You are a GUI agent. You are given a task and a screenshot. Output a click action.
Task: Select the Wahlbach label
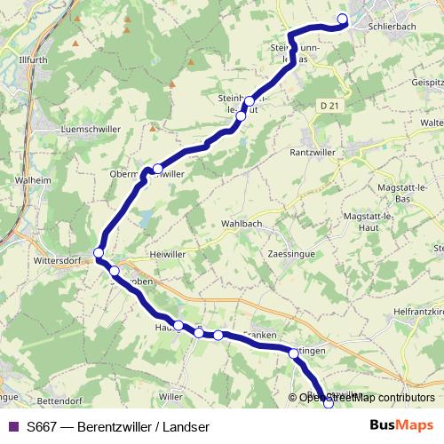pos(242,224)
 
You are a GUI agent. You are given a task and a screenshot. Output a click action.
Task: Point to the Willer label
pos(170,396)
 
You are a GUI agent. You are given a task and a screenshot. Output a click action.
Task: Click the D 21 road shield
pos(329,105)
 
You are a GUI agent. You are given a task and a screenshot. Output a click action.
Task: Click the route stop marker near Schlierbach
pos(343,19)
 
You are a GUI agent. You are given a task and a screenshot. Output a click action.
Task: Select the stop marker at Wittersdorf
pos(99,253)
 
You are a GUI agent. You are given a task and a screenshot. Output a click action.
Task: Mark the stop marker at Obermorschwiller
pos(157,169)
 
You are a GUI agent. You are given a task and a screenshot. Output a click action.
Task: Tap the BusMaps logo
pos(401,425)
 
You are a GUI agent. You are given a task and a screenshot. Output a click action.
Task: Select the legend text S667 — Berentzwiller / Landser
pos(112,426)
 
